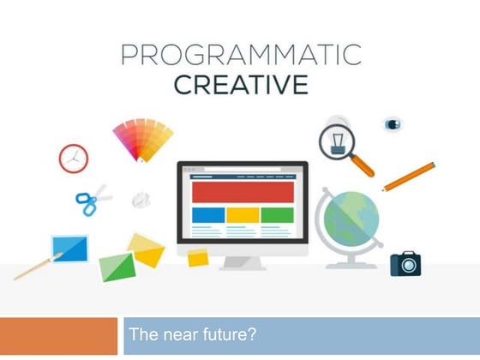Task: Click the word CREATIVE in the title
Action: [239, 85]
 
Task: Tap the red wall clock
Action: [74, 158]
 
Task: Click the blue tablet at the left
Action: [69, 248]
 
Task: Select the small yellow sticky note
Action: [198, 257]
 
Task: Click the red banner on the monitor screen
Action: [242, 191]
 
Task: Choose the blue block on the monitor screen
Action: [208, 214]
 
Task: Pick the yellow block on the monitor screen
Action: [243, 214]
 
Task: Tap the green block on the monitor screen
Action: [277, 214]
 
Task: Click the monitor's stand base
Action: [243, 263]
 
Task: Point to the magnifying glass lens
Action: [337, 139]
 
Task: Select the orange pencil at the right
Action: [409, 177]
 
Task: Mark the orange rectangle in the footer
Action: [58, 336]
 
